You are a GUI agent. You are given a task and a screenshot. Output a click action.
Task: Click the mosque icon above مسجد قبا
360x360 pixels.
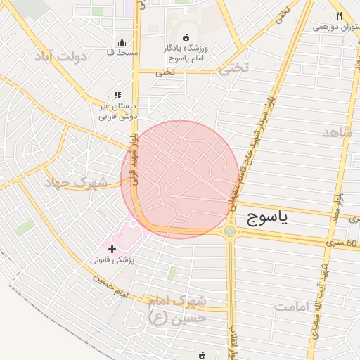tap(122, 42)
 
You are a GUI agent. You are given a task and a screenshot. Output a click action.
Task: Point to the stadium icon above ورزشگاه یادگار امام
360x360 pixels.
tap(186, 37)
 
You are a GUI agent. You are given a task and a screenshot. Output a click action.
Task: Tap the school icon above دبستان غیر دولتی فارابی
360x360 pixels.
tap(117, 95)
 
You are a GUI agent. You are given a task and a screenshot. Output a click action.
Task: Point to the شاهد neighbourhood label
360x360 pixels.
tap(337, 132)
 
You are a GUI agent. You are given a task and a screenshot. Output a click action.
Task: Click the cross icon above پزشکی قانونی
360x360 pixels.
tap(112, 248)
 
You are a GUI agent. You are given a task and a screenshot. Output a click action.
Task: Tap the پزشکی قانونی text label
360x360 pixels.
tap(112, 259)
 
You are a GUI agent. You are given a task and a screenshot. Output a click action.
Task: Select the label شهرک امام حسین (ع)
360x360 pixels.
tap(177, 309)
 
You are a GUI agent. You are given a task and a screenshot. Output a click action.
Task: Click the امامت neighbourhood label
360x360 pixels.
tap(293, 307)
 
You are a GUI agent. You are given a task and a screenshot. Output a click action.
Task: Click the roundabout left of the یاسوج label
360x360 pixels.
tap(229, 231)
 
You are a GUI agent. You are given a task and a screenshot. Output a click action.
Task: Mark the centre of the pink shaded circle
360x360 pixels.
tap(179, 179)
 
